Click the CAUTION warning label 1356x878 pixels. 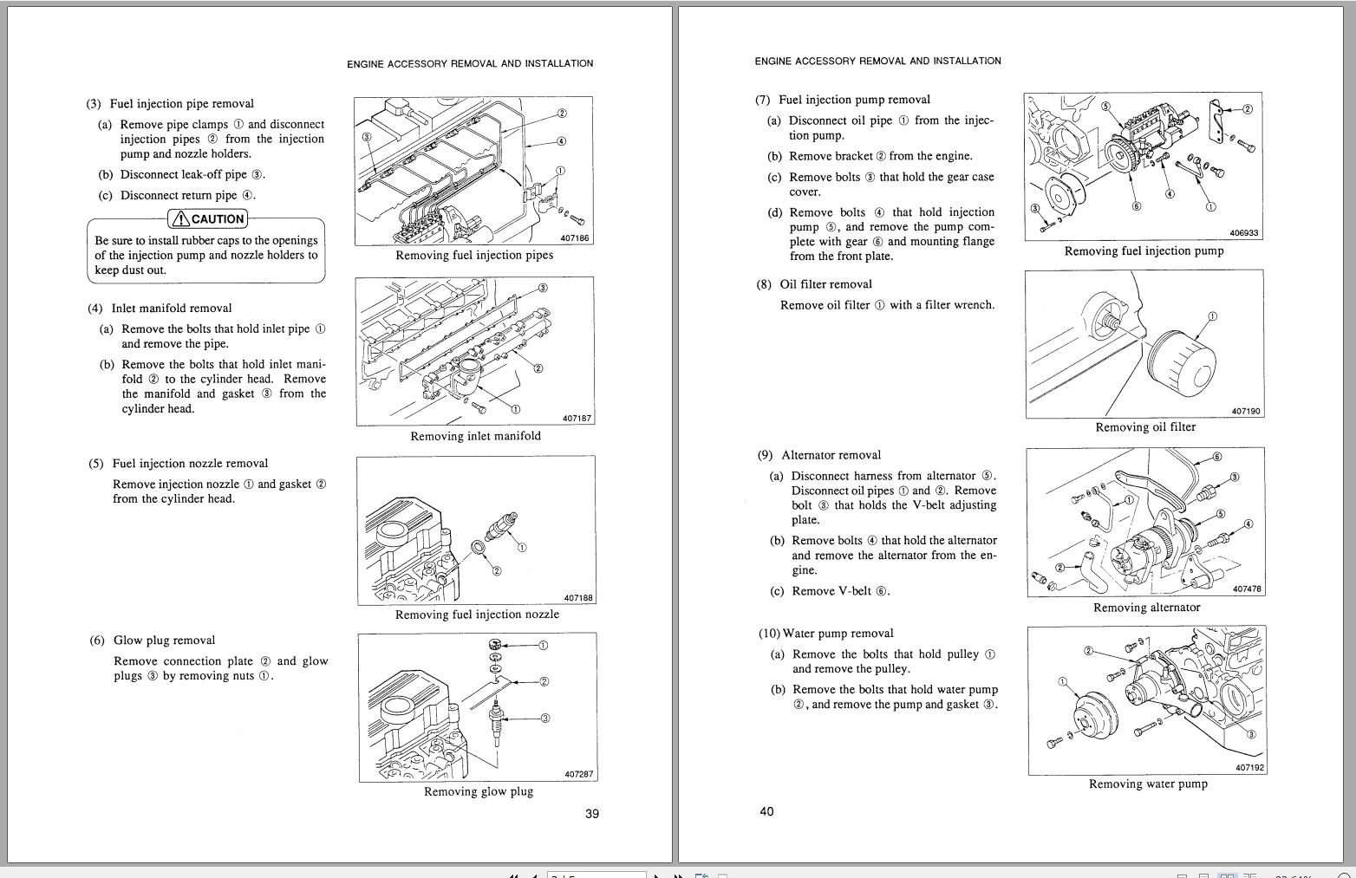click(208, 219)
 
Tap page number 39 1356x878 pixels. click(592, 814)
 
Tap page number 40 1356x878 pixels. click(766, 812)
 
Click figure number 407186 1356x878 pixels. click(575, 238)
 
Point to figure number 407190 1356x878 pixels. click(1246, 412)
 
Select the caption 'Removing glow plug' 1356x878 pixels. click(478, 791)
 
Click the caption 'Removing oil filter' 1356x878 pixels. click(1144, 427)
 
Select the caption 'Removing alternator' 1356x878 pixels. click(1146, 608)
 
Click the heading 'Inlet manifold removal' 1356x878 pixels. click(171, 309)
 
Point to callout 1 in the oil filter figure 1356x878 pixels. click(1212, 316)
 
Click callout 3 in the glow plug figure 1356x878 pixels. click(544, 718)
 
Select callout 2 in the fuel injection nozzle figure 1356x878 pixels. click(496, 570)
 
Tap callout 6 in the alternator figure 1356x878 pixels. click(1216, 457)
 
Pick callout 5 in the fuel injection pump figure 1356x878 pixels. click(1105, 107)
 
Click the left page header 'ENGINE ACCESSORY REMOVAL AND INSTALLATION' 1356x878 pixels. click(470, 64)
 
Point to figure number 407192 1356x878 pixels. click(1249, 768)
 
